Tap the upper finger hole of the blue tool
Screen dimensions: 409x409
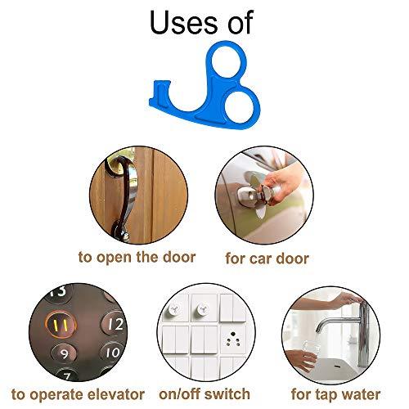pos(227,62)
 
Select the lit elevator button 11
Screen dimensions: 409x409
pos(61,325)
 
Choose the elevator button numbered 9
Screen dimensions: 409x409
pos(64,353)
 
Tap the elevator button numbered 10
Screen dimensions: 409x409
pos(113,353)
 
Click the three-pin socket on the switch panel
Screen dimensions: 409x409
pos(233,339)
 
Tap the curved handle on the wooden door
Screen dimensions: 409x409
pos(123,196)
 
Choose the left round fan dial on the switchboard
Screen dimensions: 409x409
pos(173,309)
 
